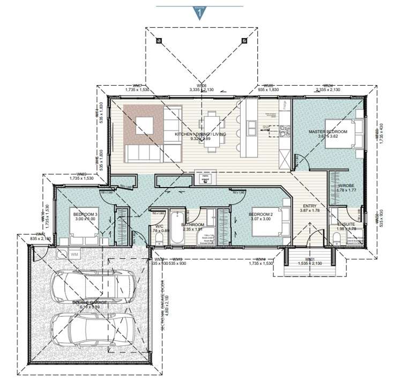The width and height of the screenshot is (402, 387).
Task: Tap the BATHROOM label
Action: click(192, 225)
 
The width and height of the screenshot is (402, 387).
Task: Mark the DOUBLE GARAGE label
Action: click(90, 303)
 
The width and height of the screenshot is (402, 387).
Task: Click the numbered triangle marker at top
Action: click(200, 12)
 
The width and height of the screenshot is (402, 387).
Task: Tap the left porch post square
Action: click(159, 40)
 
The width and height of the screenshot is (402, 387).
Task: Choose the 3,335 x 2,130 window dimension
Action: click(202, 90)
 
